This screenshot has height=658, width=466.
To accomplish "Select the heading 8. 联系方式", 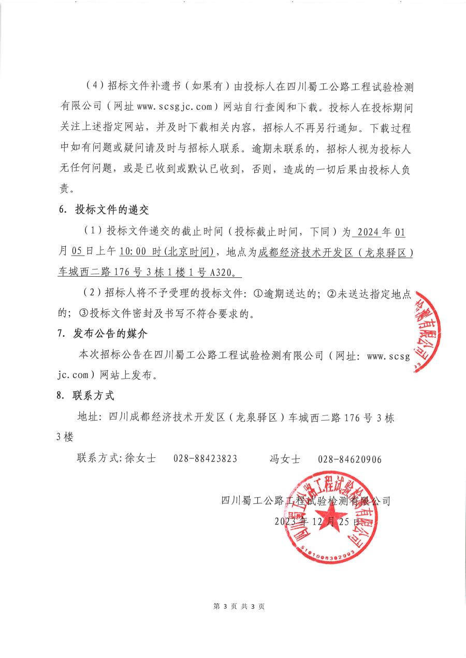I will click(x=85, y=396).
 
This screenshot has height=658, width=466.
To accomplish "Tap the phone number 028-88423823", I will click(x=206, y=459).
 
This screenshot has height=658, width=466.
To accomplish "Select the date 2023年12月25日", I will click(x=317, y=522).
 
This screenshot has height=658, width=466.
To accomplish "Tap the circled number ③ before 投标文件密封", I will click(x=83, y=314).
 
